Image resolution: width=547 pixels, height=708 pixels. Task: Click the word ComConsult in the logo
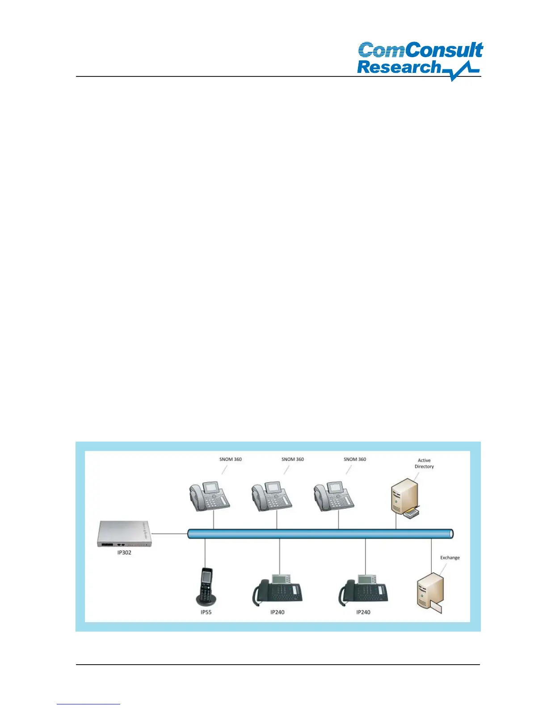tap(420, 50)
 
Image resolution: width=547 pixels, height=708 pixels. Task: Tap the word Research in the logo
tap(399, 67)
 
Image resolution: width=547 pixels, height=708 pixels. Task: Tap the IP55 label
tap(206, 612)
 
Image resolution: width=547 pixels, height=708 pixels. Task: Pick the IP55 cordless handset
tap(206, 586)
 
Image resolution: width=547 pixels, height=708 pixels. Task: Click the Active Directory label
tap(424, 463)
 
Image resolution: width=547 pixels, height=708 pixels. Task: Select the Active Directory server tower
tap(404, 496)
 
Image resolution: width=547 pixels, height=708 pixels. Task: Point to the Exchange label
tap(450, 557)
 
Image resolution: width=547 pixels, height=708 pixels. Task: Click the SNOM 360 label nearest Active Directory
tap(355, 459)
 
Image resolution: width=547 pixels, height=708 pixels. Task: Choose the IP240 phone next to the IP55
tap(278, 590)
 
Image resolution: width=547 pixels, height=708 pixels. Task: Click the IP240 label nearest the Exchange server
tap(363, 612)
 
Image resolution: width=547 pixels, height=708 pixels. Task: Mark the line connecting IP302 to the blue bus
tap(170, 533)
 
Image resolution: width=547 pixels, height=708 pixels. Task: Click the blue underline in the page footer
tap(88, 704)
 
